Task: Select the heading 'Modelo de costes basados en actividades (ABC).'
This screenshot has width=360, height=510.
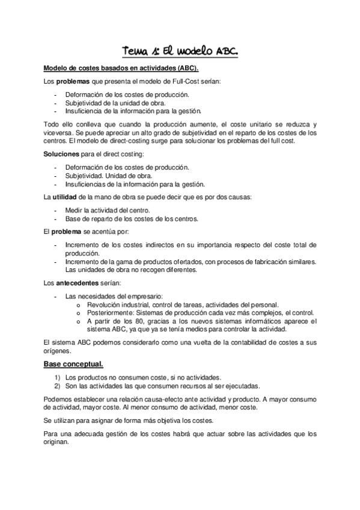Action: coord(126,69)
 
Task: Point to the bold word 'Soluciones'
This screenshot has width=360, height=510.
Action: coord(62,155)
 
